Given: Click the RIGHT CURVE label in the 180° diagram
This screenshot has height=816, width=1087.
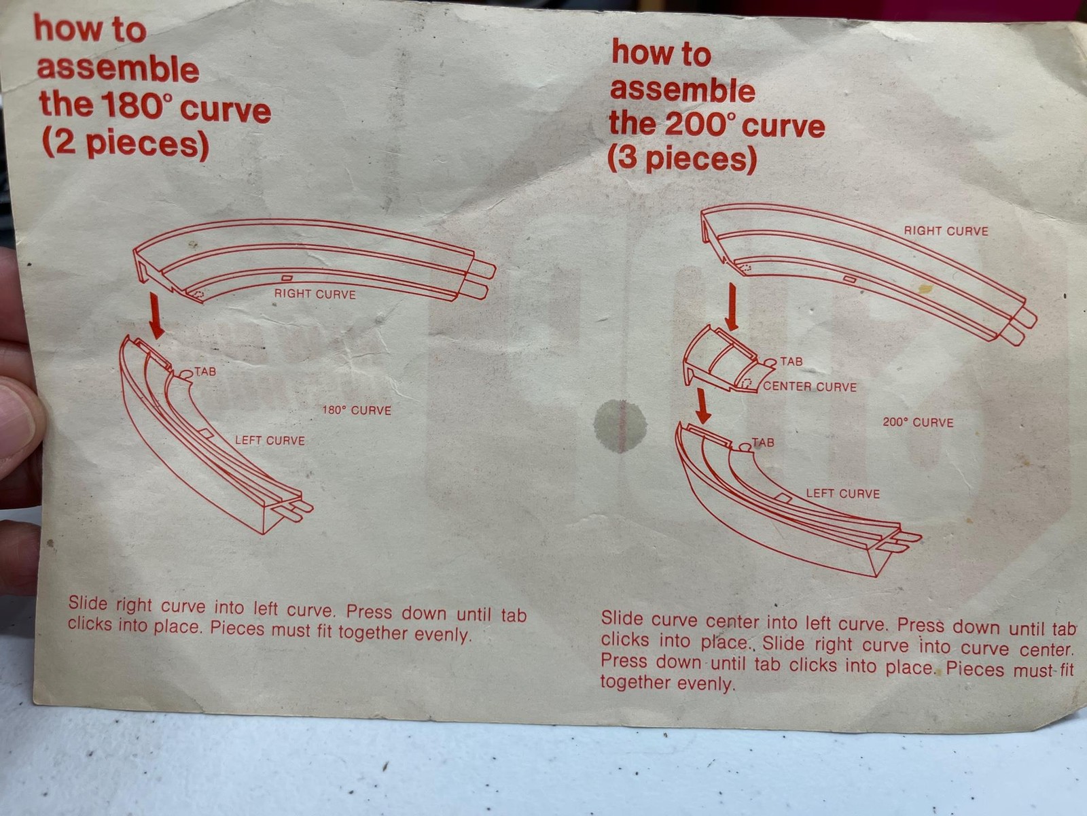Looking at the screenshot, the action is pos(315,294).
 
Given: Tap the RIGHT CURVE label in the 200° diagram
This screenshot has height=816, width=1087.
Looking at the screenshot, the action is pos(946,231).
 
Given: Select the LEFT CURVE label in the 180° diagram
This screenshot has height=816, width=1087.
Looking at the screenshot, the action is pos(270,440).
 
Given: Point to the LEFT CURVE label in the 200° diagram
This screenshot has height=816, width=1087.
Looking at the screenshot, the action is pos(843,494).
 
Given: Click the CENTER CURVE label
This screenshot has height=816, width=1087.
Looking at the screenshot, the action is pos(810,386).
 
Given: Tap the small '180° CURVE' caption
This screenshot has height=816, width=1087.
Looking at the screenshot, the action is pos(357,410).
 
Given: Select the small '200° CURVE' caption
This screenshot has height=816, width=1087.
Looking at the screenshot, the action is pos(918,422).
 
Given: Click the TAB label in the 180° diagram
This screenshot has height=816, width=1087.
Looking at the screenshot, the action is pos(205,371).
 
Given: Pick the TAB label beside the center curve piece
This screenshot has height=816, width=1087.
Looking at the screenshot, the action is pos(791,361).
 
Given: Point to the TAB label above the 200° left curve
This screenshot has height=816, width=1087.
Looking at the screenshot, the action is pos(763,442).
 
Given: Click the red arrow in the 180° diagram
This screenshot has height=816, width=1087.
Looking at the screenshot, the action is pos(156,316).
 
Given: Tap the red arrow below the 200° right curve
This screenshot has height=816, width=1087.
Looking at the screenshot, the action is pos(731,307).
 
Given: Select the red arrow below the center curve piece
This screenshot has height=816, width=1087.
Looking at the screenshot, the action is pos(702,406).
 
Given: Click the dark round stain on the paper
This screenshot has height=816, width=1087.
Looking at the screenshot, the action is pos(620,426).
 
